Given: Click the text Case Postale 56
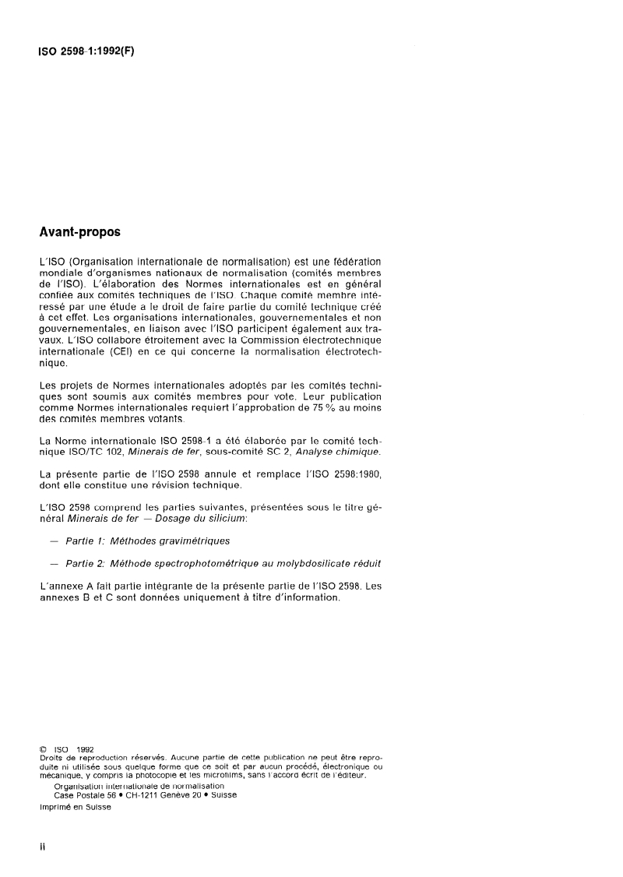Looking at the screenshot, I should (85, 794).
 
